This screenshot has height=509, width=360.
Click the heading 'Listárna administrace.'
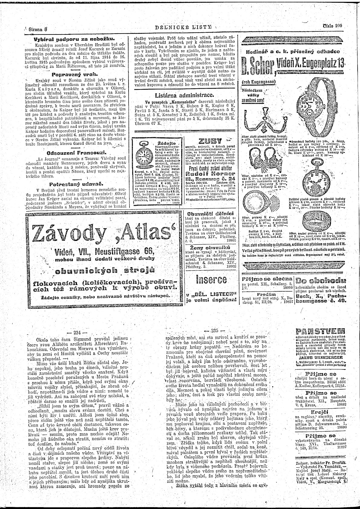pos(185,96)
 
